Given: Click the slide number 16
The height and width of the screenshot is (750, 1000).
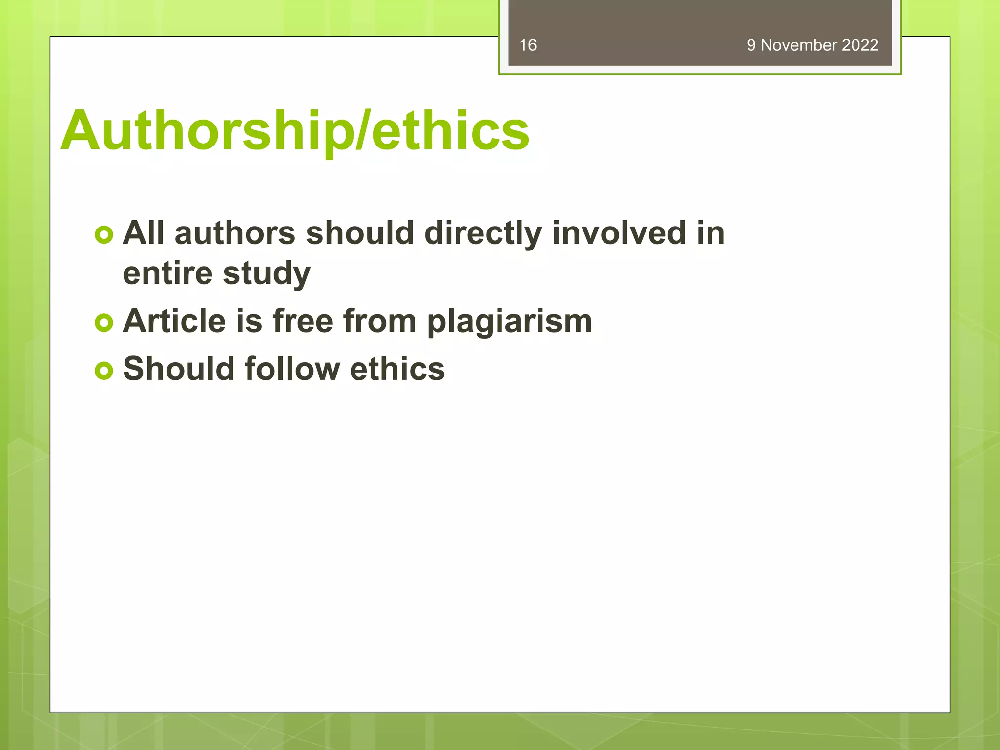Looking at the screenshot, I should (x=528, y=45).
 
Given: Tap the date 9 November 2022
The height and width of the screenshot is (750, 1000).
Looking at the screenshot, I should (x=812, y=45).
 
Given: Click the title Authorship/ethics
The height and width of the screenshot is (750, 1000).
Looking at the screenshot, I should (x=295, y=130).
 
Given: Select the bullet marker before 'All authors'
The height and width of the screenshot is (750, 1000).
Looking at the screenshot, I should (x=104, y=235).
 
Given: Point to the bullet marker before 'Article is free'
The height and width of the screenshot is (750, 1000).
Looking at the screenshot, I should (x=104, y=323).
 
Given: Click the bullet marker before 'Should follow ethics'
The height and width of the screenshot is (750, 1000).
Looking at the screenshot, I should (x=104, y=371).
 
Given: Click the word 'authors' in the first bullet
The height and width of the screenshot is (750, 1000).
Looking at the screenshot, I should (x=235, y=233).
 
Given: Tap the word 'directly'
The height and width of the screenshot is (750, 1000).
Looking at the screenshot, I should (x=483, y=233).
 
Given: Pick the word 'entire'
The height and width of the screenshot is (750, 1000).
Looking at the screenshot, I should (x=167, y=273).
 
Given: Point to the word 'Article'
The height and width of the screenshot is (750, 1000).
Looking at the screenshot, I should (x=174, y=321).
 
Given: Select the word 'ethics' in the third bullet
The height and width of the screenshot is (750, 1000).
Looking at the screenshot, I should (x=397, y=369).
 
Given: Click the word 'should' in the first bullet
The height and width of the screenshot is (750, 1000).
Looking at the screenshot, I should (x=360, y=233).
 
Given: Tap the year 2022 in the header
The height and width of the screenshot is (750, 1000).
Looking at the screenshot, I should (x=860, y=45).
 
